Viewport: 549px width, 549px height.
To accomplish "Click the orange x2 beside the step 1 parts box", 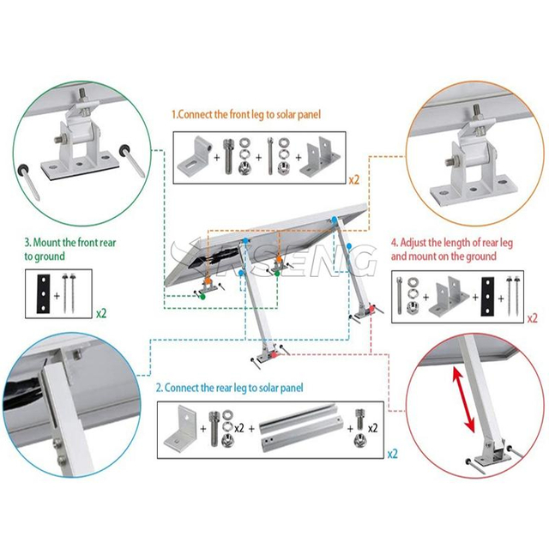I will click(x=354, y=180).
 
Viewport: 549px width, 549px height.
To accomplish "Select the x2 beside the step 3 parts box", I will click(x=100, y=313).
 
